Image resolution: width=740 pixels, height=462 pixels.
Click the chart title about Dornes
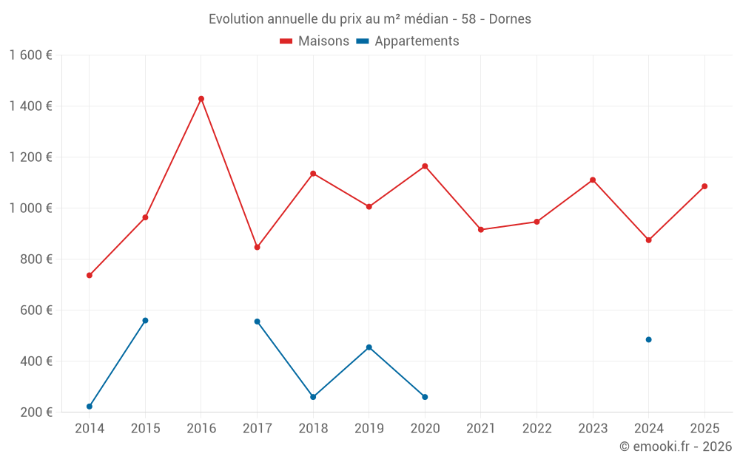[369, 18]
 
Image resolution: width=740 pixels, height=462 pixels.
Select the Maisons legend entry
[314, 41]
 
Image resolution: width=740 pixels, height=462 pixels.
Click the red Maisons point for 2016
[201, 99]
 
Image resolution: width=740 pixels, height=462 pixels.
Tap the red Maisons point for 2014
[90, 276]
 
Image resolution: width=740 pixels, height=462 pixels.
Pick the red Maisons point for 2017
[257, 247]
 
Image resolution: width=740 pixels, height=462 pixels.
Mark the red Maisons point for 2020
[425, 166]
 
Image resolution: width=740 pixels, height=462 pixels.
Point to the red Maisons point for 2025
[704, 186]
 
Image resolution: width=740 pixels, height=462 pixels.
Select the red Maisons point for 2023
[593, 180]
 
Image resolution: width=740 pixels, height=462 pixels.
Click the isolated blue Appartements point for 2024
[649, 340]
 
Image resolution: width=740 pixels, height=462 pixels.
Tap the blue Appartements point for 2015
[145, 321]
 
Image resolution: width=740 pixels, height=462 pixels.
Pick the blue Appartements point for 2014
[90, 407]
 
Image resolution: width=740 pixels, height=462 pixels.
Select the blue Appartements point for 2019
[369, 347]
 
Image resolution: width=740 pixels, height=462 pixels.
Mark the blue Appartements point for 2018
[313, 397]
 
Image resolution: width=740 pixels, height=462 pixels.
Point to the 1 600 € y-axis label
[30, 55]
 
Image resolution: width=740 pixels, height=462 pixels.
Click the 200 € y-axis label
[36, 412]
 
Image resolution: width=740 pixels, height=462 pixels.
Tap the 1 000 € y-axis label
[30, 208]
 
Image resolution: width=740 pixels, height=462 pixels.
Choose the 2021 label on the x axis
[481, 429]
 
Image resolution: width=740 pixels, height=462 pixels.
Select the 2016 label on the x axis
[201, 429]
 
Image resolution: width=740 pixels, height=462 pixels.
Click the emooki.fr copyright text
[675, 446]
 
